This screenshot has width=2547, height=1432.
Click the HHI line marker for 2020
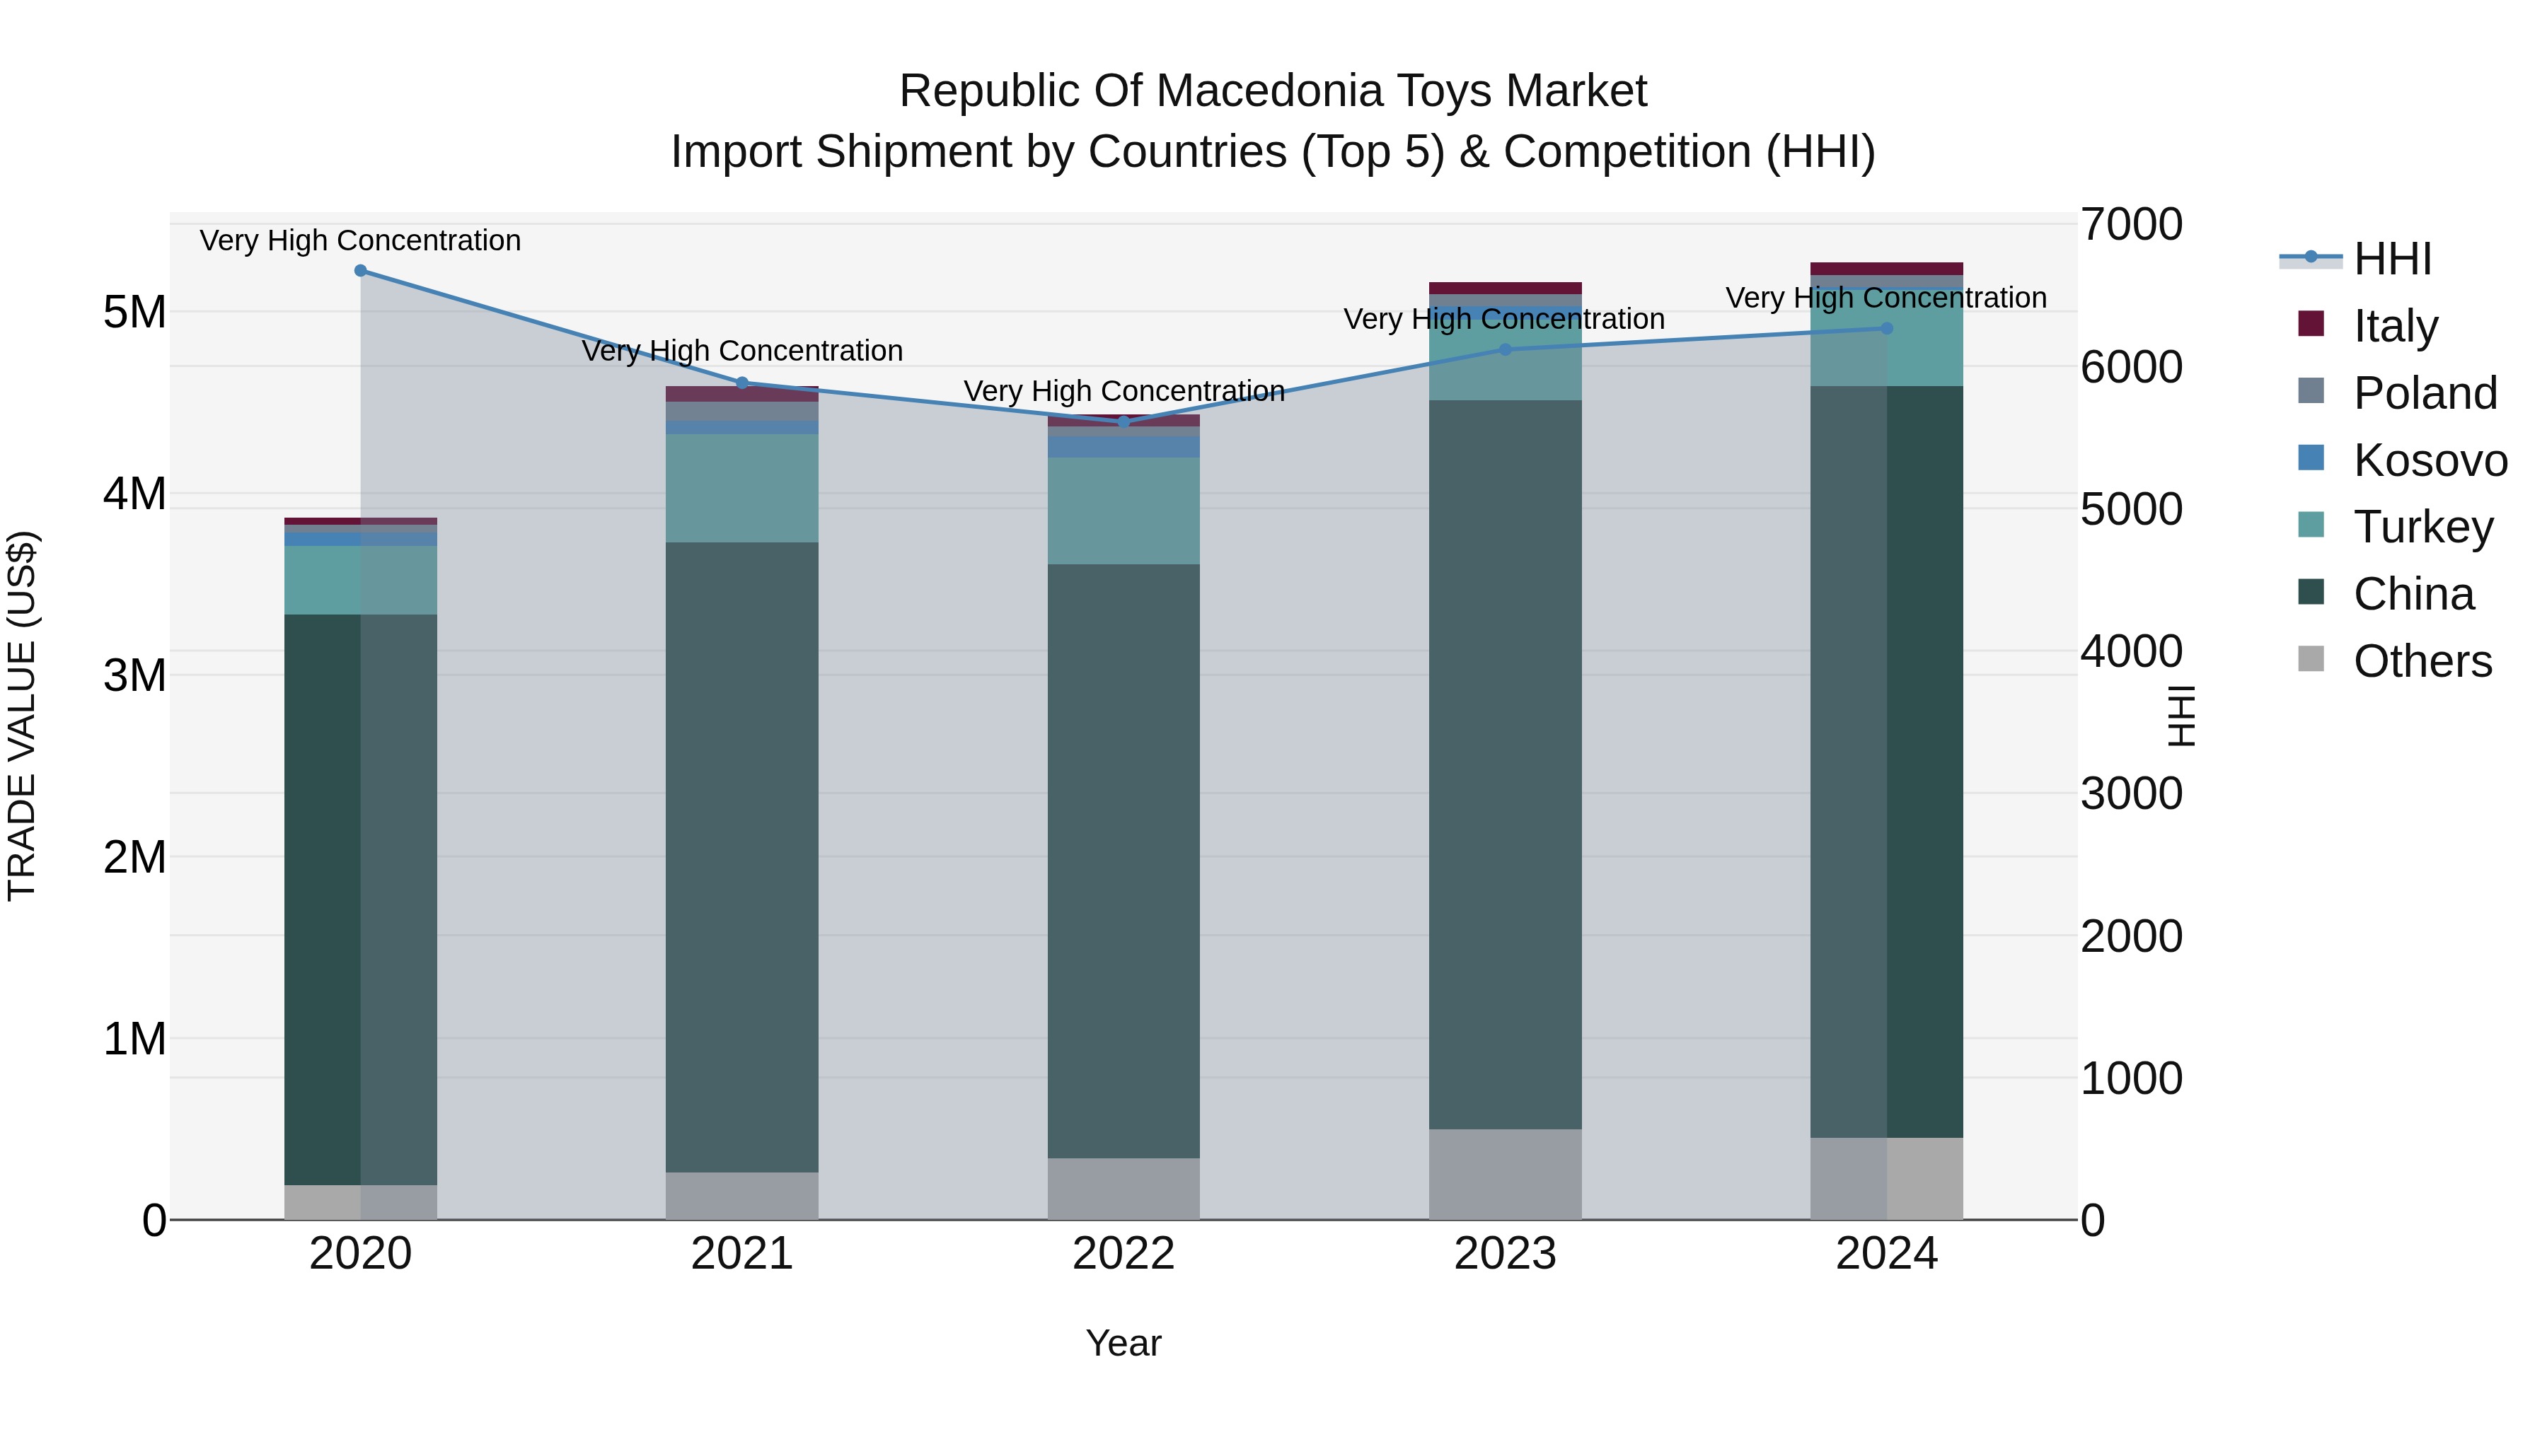(x=361, y=271)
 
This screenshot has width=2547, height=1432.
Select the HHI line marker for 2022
(x=1124, y=422)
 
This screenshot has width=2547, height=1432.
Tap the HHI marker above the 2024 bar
(x=1886, y=328)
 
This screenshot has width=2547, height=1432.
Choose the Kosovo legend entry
(x=2430, y=460)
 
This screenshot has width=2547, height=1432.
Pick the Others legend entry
(x=2422, y=661)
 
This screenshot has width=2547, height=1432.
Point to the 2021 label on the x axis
(x=741, y=1254)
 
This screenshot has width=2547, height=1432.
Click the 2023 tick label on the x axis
(x=1505, y=1254)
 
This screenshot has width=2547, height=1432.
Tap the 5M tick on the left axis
(x=135, y=313)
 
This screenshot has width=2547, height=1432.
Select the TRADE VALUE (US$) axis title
(x=22, y=716)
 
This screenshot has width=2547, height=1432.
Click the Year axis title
(x=1124, y=1343)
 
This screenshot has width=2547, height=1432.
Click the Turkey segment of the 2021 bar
(x=741, y=488)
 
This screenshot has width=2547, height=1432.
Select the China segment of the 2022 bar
(x=1124, y=860)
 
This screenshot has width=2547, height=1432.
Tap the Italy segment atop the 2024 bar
(x=1886, y=269)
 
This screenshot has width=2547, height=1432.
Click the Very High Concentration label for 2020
(x=361, y=240)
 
